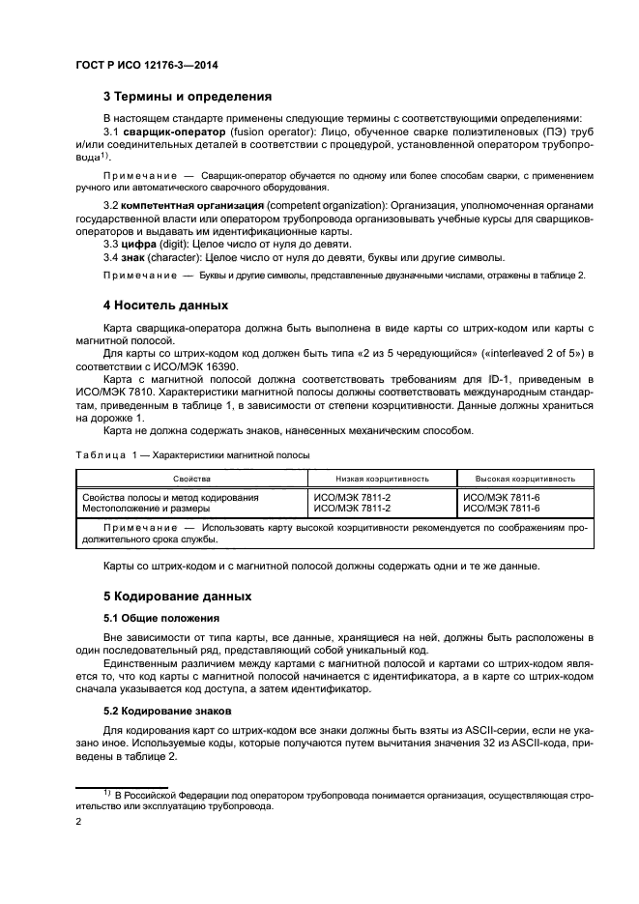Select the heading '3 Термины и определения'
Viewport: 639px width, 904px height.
(187, 97)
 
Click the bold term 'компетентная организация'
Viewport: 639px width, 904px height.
(194, 207)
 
